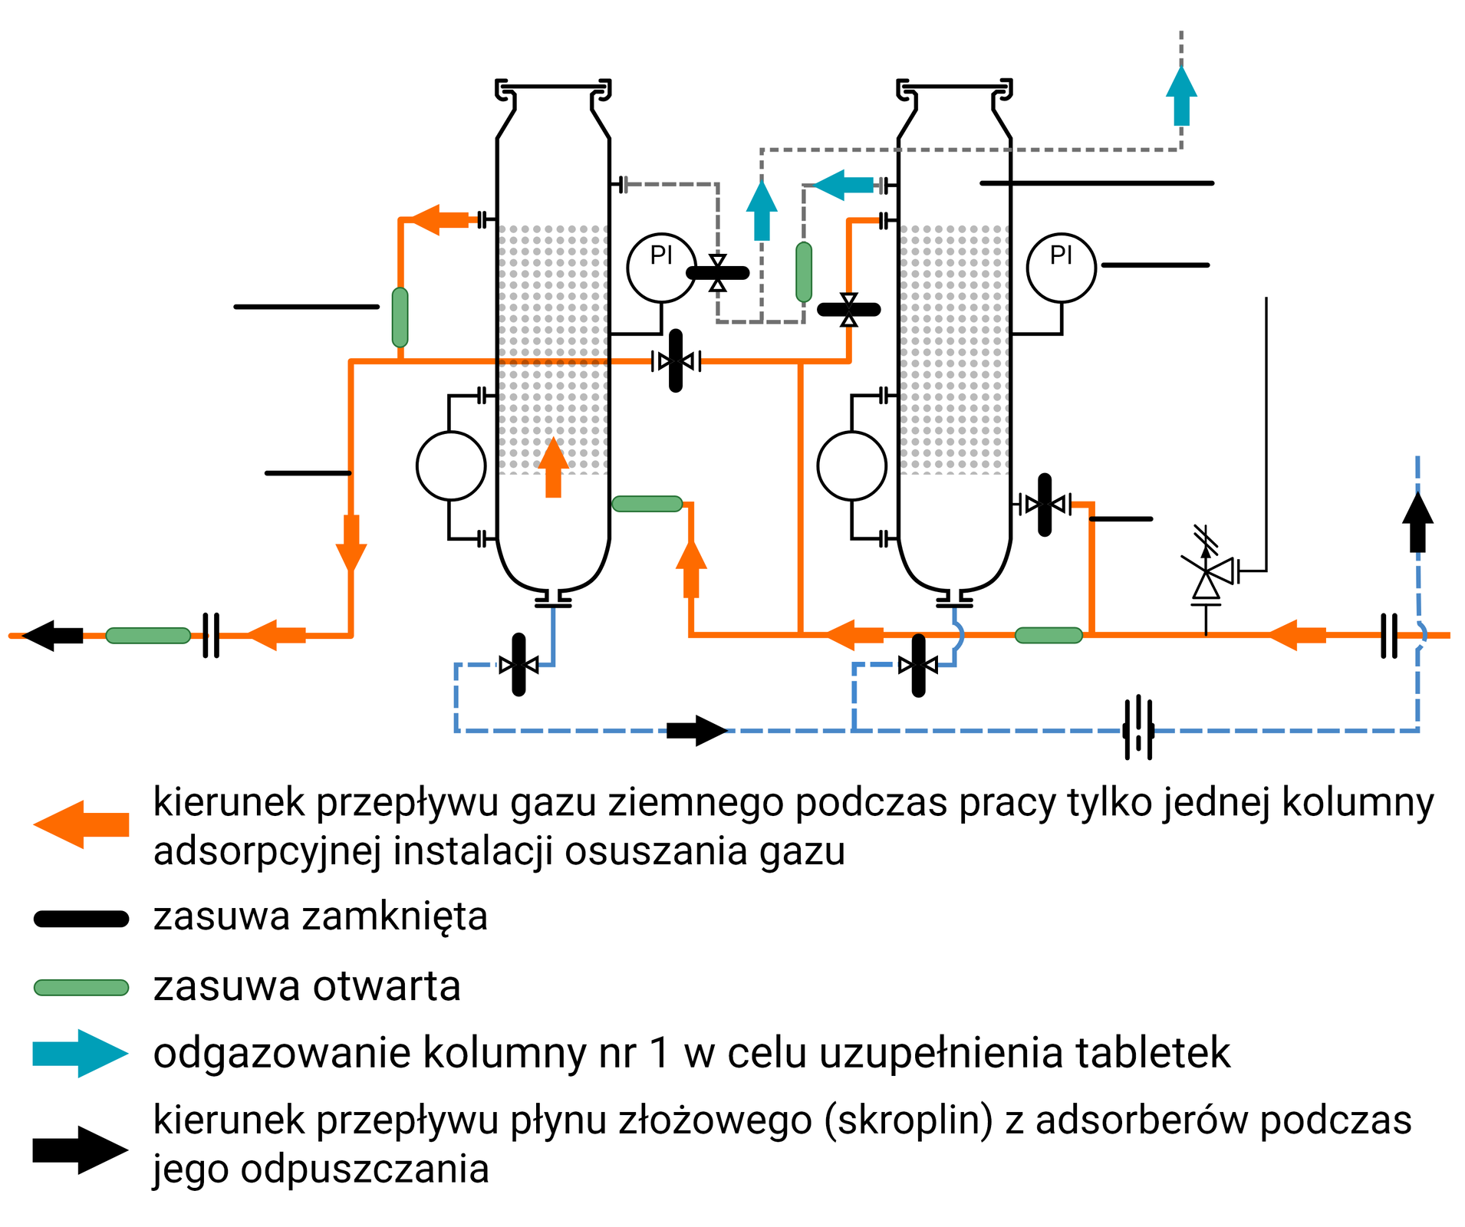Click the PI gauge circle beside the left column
[661, 268]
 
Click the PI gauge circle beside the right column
[1061, 268]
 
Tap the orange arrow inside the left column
[553, 467]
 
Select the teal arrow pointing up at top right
[1181, 96]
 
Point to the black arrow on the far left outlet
[53, 635]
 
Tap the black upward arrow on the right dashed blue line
[1417, 522]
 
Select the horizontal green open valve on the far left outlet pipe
[148, 635]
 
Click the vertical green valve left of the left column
[400, 317]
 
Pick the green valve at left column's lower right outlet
[647, 504]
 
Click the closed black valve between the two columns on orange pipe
[675, 360]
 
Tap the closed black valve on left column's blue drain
[519, 664]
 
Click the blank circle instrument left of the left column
[451, 465]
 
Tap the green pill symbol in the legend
[81, 987]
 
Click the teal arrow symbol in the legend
[80, 1053]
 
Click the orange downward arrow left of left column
[351, 543]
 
